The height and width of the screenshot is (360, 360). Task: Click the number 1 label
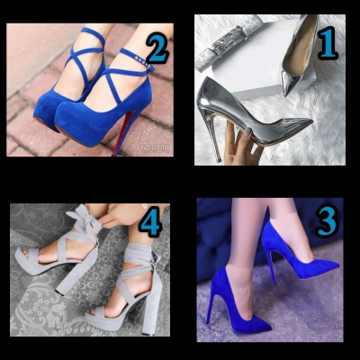328,43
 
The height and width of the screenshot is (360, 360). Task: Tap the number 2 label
157,49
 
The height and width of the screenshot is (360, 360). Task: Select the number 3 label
327,220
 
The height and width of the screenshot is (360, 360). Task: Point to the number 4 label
150,221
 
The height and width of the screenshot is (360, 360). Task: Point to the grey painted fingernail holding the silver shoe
247,131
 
